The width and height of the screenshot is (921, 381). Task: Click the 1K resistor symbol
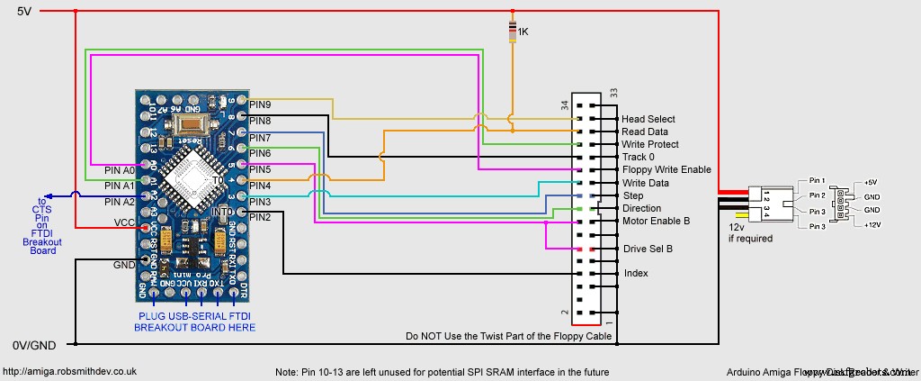click(513, 32)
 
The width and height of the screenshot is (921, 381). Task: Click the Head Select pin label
click(648, 119)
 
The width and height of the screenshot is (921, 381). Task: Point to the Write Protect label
click(649, 144)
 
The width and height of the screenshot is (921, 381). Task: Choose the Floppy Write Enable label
click(666, 169)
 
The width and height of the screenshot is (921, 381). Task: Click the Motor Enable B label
click(656, 221)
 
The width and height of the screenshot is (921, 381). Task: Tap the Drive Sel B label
click(648, 248)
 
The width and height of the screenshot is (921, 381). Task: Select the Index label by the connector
click(635, 273)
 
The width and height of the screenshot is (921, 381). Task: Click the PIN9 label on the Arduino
click(260, 104)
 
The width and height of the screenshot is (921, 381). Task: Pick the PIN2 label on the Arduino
click(260, 217)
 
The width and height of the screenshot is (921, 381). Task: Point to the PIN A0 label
click(119, 170)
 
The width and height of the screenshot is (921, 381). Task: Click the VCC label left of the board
click(124, 222)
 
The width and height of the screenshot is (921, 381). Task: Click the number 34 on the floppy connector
click(565, 105)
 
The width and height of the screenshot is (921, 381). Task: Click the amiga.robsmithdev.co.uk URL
click(69, 371)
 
